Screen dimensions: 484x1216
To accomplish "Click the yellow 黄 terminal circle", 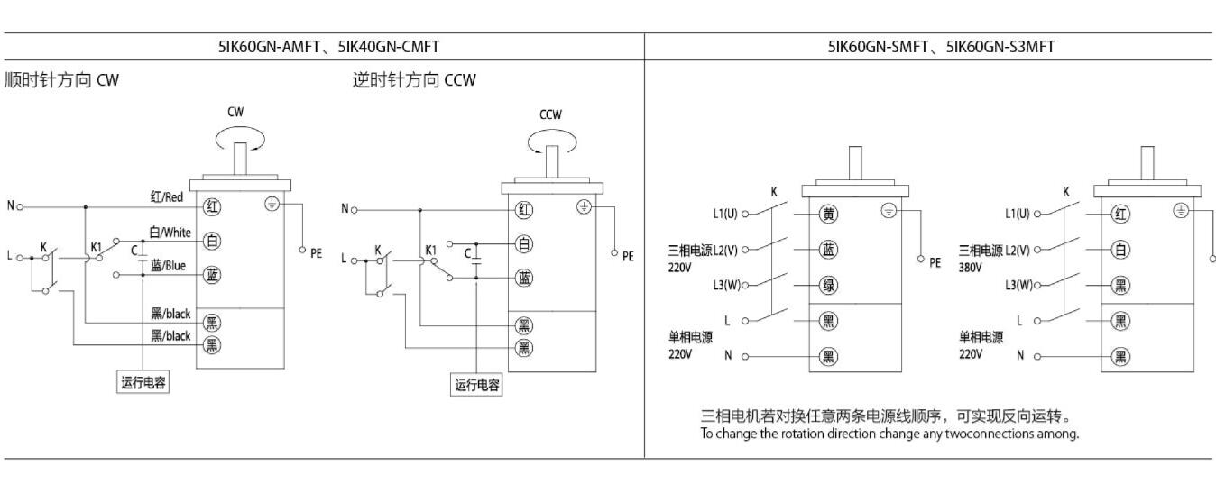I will (828, 214).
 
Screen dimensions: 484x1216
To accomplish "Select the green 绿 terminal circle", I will (828, 286).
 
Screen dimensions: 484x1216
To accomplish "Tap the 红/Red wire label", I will (168, 196).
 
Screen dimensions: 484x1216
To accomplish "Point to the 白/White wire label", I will (170, 233).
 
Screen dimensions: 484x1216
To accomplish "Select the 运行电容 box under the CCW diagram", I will (477, 385).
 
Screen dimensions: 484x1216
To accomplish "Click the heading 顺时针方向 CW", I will (62, 81).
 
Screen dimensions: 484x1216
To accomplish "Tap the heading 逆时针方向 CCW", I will (414, 81).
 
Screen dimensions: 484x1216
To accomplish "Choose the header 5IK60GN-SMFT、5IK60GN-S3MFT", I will (929, 46).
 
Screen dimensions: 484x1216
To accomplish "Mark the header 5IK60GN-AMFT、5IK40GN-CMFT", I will (329, 46).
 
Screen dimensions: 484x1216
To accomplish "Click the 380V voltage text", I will (972, 266).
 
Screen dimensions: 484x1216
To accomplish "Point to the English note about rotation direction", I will (889, 434).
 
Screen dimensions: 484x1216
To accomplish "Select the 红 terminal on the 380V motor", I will (1121, 214).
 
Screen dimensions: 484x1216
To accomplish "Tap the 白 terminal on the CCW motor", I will (523, 243).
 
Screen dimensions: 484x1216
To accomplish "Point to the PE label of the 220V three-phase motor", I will (935, 263).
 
